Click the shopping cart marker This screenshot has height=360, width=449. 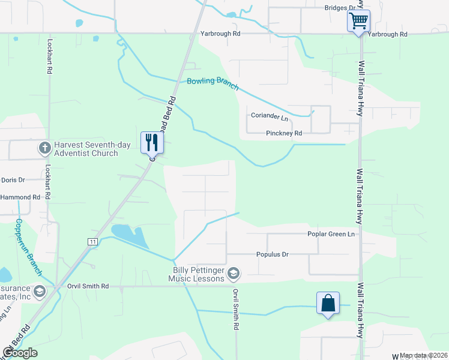(358, 21)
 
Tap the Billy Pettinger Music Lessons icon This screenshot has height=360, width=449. (234, 274)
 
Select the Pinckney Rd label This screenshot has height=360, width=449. (284, 133)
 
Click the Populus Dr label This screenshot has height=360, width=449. (273, 254)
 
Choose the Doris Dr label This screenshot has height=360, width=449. (13, 179)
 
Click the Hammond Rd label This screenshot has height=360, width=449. (20, 197)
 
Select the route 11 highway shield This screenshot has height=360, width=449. (92, 241)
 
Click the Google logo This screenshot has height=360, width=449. (20, 352)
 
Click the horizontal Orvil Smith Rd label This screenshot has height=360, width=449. (88, 287)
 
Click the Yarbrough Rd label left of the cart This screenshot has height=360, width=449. (220, 34)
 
